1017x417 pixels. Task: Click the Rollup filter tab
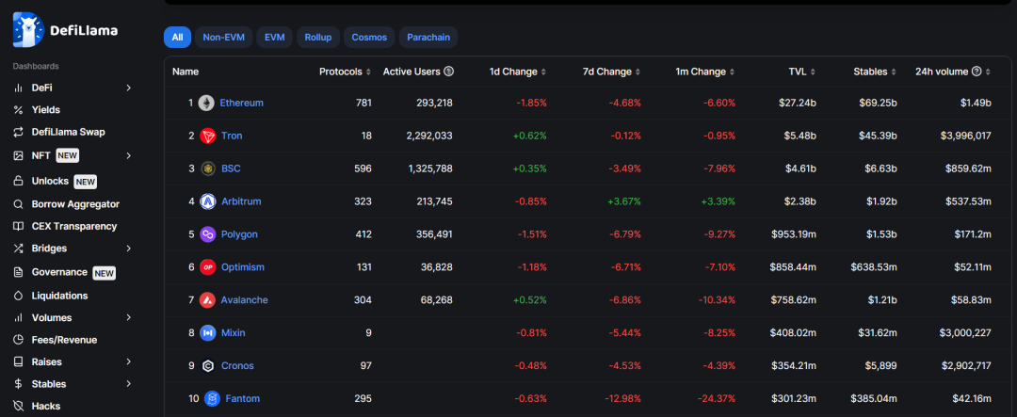click(x=318, y=38)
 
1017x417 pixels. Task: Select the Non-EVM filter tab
click(x=224, y=38)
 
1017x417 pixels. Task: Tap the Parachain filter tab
click(x=428, y=38)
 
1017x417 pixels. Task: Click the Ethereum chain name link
click(x=241, y=104)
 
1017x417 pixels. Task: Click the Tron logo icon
click(x=207, y=136)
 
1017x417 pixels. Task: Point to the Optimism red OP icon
click(x=207, y=267)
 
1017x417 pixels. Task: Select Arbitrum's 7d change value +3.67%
click(x=624, y=201)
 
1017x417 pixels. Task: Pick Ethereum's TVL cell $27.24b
click(x=799, y=104)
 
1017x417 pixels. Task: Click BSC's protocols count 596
click(x=363, y=168)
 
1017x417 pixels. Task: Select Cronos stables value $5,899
click(x=882, y=366)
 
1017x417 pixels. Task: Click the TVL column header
click(x=802, y=72)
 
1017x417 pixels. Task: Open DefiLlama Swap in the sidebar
click(x=68, y=133)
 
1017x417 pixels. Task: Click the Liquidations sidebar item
click(x=59, y=296)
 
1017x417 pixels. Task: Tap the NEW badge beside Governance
click(x=104, y=273)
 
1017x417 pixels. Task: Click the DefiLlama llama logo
click(x=28, y=30)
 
